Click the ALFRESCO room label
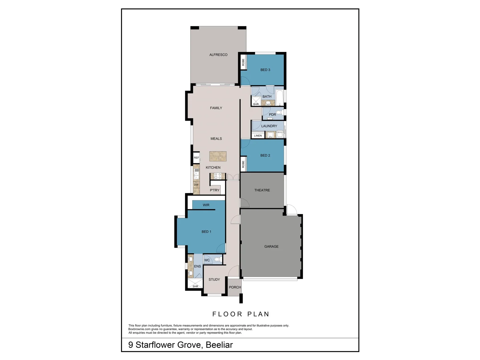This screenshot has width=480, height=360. click(x=218, y=55)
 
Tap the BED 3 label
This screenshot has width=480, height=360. click(x=265, y=70)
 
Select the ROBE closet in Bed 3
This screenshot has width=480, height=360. click(x=243, y=62)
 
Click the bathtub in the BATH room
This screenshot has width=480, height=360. click(x=279, y=98)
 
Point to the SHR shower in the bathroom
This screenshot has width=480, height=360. click(x=256, y=101)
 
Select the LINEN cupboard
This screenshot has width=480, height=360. click(x=258, y=136)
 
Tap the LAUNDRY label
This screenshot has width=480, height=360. click(x=269, y=126)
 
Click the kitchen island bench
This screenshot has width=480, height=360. click(x=218, y=156)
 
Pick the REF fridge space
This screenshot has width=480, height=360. click(x=196, y=158)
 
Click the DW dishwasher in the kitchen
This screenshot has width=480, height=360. click(x=196, y=185)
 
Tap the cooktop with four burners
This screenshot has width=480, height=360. click(x=218, y=176)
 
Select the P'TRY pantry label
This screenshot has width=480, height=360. click(x=215, y=190)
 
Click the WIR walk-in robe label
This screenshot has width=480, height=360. click(x=206, y=205)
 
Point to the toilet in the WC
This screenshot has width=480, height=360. click(x=217, y=259)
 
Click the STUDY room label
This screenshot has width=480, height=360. click(x=214, y=280)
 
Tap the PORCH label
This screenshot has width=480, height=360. click(x=235, y=287)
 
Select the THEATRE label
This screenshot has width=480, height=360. click(x=262, y=190)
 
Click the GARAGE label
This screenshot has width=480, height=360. click(x=271, y=247)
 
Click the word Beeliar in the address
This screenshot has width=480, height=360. click(x=219, y=345)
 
